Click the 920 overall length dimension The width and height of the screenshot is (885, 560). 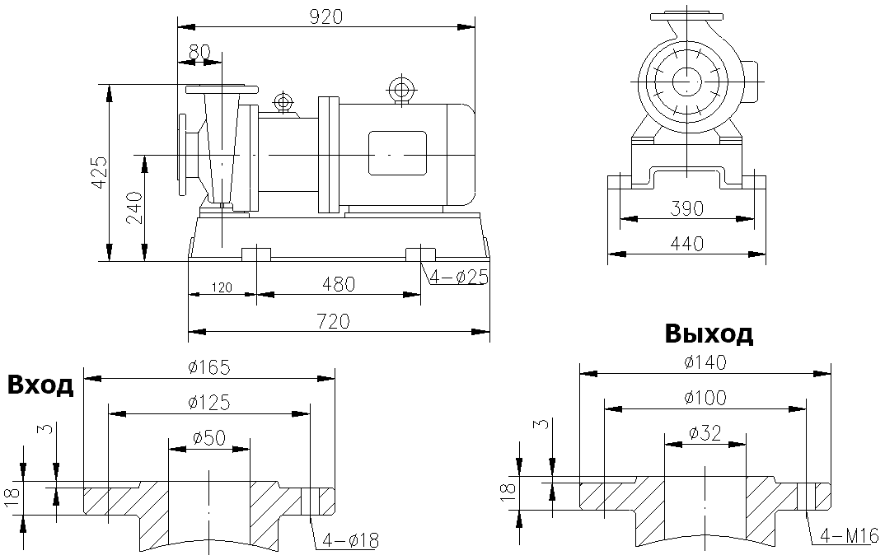coord(325,16)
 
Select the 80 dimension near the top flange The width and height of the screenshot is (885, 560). coord(199,51)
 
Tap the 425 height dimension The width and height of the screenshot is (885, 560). coord(99,172)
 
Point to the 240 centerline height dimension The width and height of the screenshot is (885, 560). coord(134,208)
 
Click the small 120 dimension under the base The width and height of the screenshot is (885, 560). coord(221,288)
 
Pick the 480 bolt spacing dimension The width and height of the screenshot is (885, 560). coord(339,284)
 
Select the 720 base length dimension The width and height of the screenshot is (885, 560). coord(339,321)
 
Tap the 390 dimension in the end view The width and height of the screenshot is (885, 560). coord(687,208)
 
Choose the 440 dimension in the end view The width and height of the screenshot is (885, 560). coord(687,244)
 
